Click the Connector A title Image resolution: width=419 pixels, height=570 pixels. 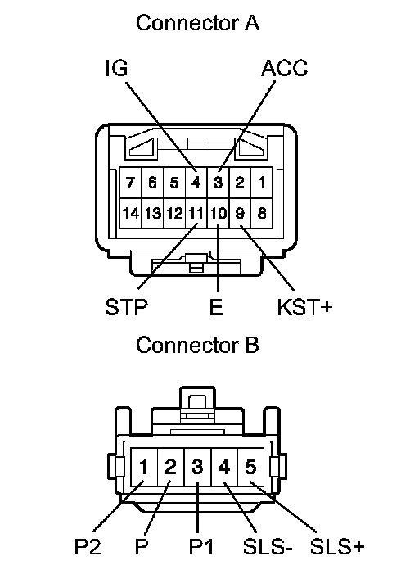pyautogui.click(x=197, y=23)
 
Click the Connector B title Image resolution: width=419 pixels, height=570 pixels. pyautogui.click(x=197, y=345)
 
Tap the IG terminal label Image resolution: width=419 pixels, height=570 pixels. pyautogui.click(x=116, y=68)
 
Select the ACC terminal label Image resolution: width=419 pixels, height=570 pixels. pyautogui.click(x=284, y=68)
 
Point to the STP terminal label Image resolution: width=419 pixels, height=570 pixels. pyautogui.click(x=127, y=307)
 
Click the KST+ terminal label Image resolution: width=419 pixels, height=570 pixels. pyautogui.click(x=304, y=307)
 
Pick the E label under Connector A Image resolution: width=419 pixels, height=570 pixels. pyautogui.click(x=216, y=307)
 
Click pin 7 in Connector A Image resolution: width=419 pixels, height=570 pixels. pyautogui.click(x=130, y=182)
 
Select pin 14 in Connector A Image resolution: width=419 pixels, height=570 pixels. pyautogui.click(x=130, y=213)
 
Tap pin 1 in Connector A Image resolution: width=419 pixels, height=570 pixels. pyautogui.click(x=261, y=182)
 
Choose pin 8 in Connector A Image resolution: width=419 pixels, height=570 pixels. pyautogui.click(x=261, y=213)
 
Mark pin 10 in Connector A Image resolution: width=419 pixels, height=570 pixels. pyautogui.click(x=218, y=213)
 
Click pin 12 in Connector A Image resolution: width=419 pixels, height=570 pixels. pyautogui.click(x=174, y=213)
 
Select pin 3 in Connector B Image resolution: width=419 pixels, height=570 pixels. pyautogui.click(x=197, y=467)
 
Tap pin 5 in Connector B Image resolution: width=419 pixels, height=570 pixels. pyautogui.click(x=250, y=467)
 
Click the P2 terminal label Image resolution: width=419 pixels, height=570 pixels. pyautogui.click(x=88, y=546)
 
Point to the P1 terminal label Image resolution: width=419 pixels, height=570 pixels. pyautogui.click(x=201, y=546)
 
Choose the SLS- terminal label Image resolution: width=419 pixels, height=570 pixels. pyautogui.click(x=268, y=546)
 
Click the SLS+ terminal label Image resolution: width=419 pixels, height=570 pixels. pyautogui.click(x=337, y=546)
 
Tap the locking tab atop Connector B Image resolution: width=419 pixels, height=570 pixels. pyautogui.click(x=197, y=403)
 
